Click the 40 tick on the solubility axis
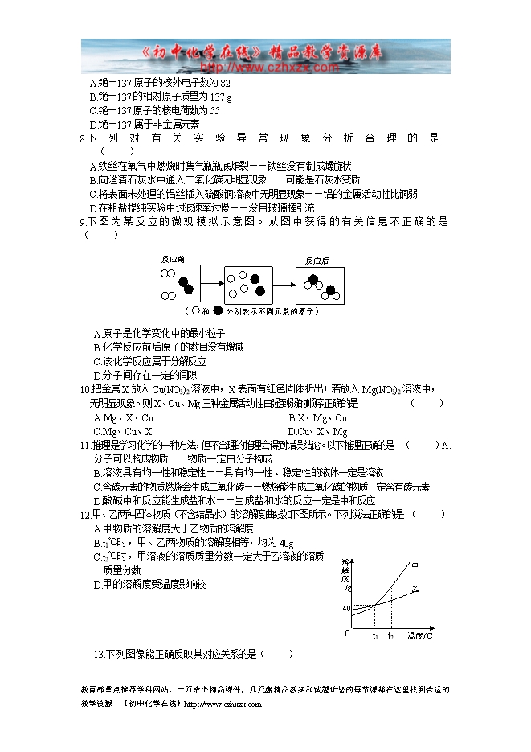(x=346, y=608)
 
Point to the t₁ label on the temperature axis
(x=374, y=636)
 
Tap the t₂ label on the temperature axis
(x=390, y=636)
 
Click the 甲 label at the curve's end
(x=415, y=566)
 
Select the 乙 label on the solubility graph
(x=415, y=590)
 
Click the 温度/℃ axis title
(x=419, y=636)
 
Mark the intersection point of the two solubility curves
(x=374, y=606)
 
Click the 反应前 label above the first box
(x=173, y=260)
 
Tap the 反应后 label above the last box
(x=317, y=260)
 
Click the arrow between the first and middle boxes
(x=211, y=283)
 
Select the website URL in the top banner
(x=265, y=68)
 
